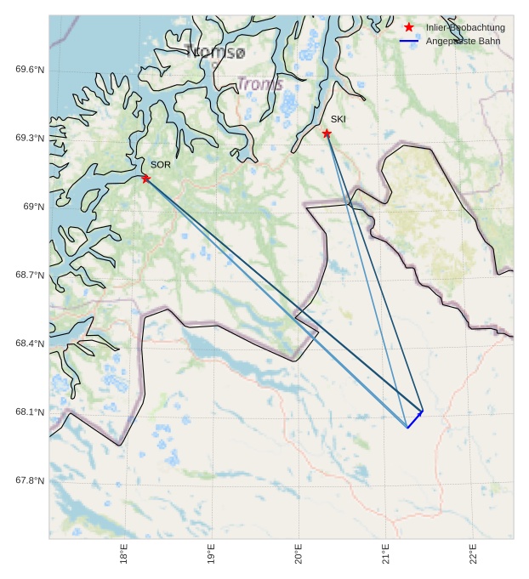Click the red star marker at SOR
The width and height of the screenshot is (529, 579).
tap(146, 178)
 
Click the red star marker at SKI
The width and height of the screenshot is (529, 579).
tap(327, 133)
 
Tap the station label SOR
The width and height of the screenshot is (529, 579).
tap(161, 165)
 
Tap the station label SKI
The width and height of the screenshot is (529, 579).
tap(338, 119)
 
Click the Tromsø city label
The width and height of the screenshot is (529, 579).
tap(215, 53)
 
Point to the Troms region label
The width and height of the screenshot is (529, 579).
tap(259, 84)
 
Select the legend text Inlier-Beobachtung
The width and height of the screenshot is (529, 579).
tap(465, 28)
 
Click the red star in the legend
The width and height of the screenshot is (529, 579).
tap(409, 28)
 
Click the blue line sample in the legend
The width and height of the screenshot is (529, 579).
tap(409, 41)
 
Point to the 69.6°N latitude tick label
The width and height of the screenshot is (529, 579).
tap(30, 70)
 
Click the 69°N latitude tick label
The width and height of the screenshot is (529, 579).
tap(34, 207)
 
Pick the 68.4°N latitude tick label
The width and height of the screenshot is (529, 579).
tap(30, 343)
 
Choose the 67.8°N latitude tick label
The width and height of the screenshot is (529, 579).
tap(30, 480)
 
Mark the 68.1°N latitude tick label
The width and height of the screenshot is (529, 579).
tap(30, 412)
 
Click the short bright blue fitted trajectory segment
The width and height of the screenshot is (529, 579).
tap(415, 418)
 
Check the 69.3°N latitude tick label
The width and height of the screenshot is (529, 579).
tap(30, 138)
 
